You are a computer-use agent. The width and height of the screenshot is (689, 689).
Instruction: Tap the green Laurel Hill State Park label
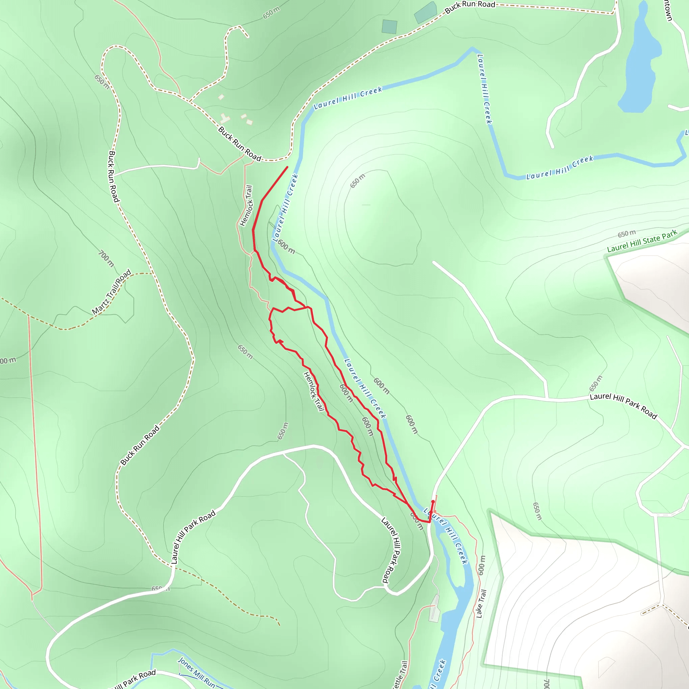(x=642, y=241)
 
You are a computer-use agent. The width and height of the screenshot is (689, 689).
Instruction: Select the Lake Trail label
(x=481, y=604)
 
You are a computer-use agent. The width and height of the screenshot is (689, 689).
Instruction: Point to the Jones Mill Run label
(x=196, y=673)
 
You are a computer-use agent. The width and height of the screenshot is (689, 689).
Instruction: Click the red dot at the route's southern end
(x=433, y=502)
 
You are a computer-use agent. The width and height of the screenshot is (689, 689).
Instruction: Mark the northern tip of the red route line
(x=287, y=167)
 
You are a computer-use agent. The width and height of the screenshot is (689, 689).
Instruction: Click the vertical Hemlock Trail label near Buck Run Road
(x=246, y=206)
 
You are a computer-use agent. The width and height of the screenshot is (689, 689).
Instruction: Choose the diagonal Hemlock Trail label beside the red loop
(x=314, y=392)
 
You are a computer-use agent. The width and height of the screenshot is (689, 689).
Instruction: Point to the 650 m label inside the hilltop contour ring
(x=358, y=181)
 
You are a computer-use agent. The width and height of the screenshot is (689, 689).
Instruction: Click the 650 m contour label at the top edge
(x=271, y=13)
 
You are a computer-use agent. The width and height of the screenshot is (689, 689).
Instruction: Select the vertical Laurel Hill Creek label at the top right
(x=485, y=89)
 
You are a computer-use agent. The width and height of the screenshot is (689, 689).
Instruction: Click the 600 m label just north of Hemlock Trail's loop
(x=286, y=246)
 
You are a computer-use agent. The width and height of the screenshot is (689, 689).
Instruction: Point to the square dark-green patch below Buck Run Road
(x=390, y=27)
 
